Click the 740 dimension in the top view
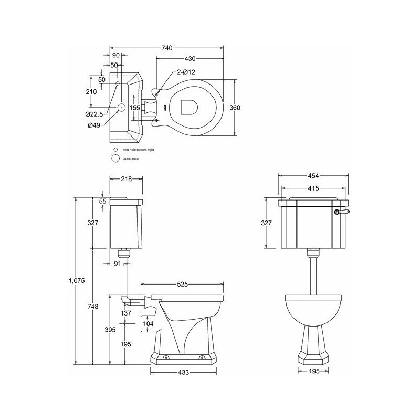click(166, 48)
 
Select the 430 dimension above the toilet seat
click(190, 58)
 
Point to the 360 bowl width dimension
click(235, 107)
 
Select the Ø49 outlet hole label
click(94, 124)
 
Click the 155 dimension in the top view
click(135, 107)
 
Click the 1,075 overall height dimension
click(76, 281)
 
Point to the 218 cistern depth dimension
click(126, 179)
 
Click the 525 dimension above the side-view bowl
click(182, 285)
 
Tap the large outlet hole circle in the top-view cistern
click(121, 107)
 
